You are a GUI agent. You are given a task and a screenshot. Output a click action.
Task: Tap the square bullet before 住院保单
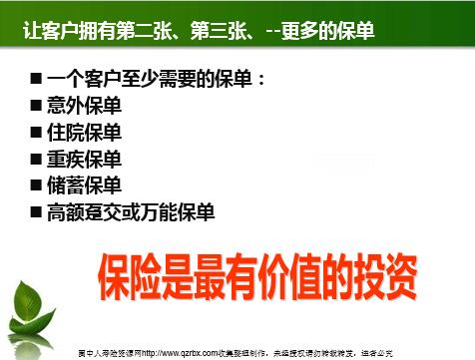(37, 133)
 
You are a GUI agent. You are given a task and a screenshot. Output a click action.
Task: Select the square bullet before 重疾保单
(37, 160)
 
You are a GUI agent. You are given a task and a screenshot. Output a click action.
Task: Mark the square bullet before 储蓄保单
(37, 185)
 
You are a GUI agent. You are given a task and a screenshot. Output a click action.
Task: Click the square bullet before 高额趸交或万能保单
(37, 212)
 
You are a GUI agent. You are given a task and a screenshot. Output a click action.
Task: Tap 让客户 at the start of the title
(50, 31)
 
